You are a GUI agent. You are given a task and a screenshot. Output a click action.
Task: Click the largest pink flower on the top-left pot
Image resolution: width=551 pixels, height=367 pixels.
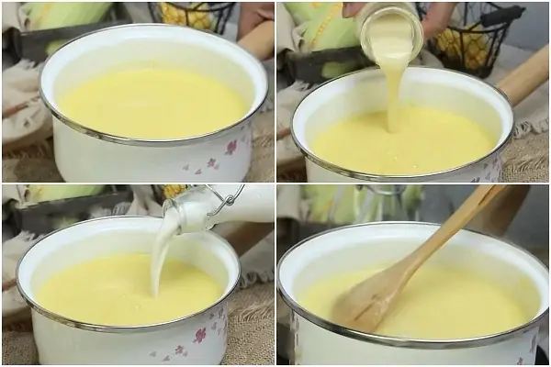231,147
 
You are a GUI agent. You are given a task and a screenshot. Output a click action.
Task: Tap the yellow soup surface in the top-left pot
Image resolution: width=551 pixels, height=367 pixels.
152,101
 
